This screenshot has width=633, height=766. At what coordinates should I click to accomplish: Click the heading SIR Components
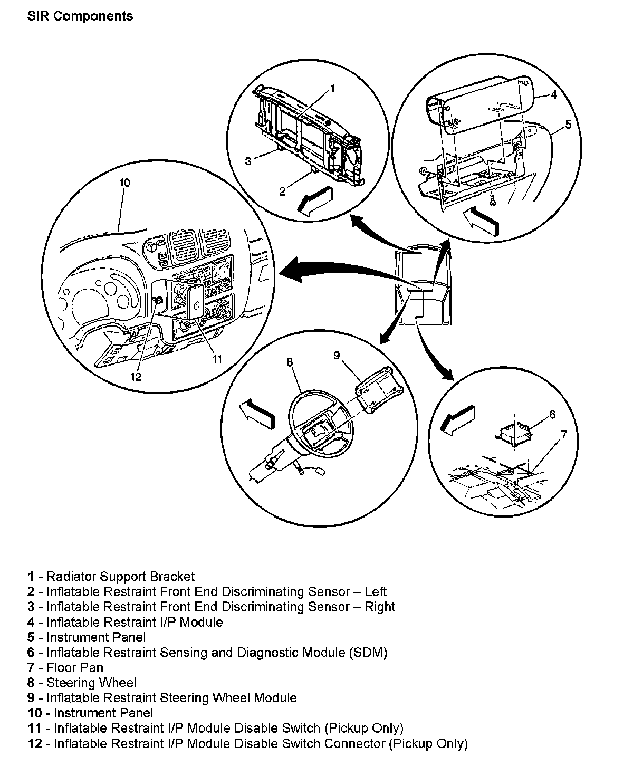tap(80, 16)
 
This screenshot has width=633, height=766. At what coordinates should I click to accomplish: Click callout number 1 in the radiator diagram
tap(332, 89)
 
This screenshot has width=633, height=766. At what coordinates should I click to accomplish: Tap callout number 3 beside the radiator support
tap(248, 160)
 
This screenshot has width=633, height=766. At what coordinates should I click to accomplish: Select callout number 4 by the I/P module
tap(553, 95)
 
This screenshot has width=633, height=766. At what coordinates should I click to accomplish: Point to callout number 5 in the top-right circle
tap(568, 125)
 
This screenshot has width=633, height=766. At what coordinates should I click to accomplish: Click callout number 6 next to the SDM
tap(552, 414)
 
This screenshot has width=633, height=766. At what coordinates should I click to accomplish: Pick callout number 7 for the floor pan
tap(564, 434)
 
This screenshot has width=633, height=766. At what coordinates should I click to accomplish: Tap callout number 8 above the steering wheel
tap(289, 362)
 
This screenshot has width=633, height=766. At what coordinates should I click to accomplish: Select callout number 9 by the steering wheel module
tap(337, 356)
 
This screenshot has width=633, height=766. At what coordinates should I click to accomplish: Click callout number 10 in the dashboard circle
tap(124, 183)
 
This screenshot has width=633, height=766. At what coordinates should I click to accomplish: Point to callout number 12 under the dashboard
tap(136, 377)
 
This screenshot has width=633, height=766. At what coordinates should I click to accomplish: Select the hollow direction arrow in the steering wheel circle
tap(256, 411)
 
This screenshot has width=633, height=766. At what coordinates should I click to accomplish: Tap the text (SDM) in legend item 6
tap(368, 653)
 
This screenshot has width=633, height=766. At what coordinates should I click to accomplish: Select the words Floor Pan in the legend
tap(75, 668)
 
